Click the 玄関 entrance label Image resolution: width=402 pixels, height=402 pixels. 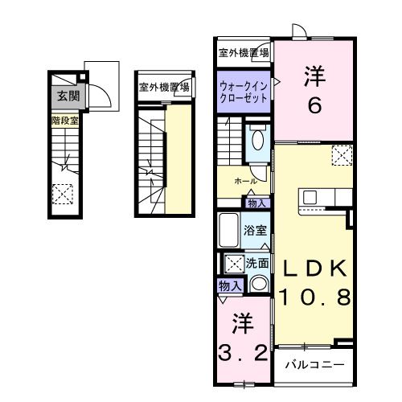click(64, 96)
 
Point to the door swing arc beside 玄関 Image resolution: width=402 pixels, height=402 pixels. click(98, 95)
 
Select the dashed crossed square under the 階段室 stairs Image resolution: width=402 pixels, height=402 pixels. click(62, 193)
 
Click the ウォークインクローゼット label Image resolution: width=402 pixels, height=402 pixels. click(244, 89)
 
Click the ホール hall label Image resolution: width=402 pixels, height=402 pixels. click(245, 182)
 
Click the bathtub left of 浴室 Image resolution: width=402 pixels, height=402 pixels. click(228, 231)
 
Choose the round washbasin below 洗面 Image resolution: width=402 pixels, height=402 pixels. click(258, 283)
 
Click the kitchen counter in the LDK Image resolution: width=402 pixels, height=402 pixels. click(324, 196)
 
